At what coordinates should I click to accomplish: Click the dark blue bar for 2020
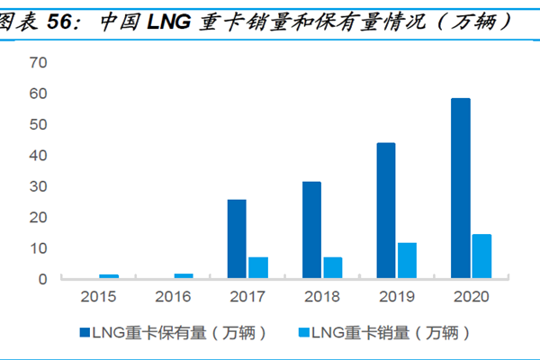(x=460, y=188)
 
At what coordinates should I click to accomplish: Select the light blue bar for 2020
(x=481, y=256)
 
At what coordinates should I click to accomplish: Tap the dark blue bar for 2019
(x=385, y=211)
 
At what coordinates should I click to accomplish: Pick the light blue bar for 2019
(x=407, y=260)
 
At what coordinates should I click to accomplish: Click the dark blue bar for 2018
(x=311, y=230)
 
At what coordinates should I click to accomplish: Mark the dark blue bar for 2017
(x=237, y=239)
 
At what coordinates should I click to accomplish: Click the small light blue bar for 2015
(x=109, y=276)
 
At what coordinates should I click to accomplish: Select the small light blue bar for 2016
(x=184, y=276)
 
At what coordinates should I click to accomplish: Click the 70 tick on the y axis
(x=38, y=63)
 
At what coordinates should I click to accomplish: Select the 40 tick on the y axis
(x=38, y=156)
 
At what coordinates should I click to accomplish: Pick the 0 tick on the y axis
(x=42, y=279)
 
